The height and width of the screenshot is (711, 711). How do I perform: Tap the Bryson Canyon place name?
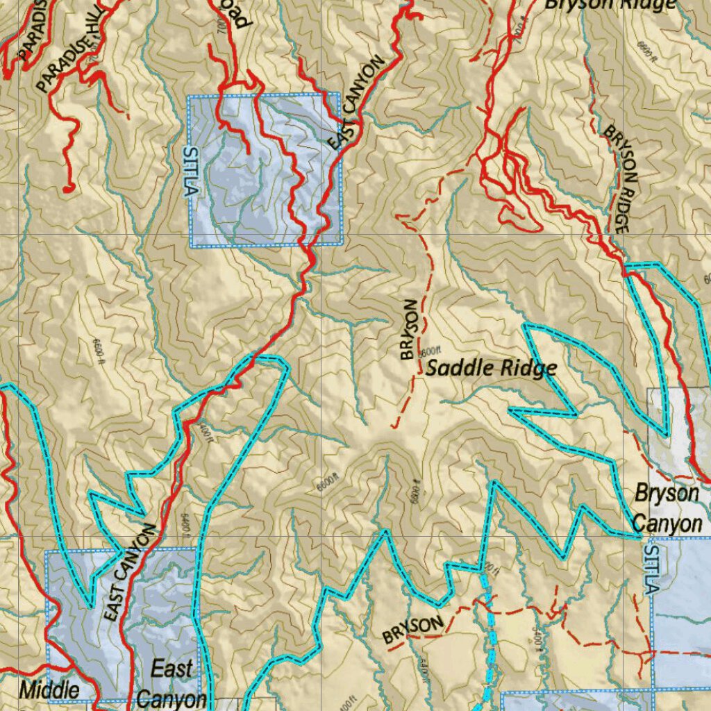point(667,508)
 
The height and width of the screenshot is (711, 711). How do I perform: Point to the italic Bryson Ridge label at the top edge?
point(609,4)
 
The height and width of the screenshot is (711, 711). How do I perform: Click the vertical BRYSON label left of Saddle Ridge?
point(410,329)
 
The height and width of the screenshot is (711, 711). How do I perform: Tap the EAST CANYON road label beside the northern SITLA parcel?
point(356,103)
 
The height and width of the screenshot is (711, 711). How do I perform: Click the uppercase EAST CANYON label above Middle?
point(129,572)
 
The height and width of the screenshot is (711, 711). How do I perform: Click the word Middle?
point(49,690)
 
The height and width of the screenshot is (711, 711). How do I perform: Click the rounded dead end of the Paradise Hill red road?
point(67,188)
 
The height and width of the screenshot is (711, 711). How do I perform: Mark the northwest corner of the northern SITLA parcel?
point(190,96)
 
